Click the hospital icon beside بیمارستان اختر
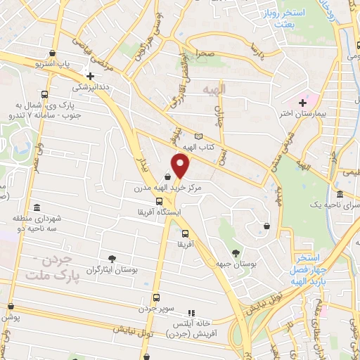pyautogui.click(x=302, y=103)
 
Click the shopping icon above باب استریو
pyautogui.click(x=53, y=53)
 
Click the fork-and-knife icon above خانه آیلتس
pyautogui.click(x=190, y=313)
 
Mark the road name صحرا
pyautogui.click(x=205, y=53)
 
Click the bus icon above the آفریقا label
pyautogui.click(x=185, y=233)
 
